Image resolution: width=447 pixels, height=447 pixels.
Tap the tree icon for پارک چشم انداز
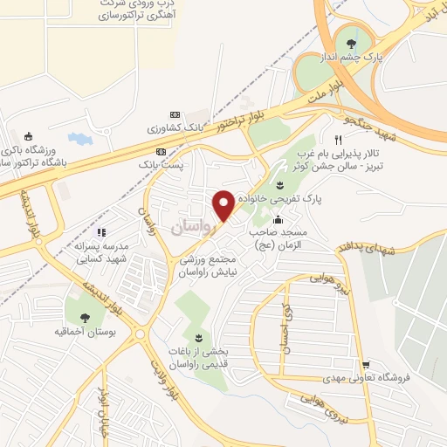click(x=352, y=45)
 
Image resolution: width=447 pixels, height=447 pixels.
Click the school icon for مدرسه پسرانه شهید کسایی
click(x=101, y=233)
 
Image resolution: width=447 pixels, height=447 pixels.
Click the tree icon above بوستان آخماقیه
click(x=85, y=319)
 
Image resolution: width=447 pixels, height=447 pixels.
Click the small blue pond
click(x=79, y=139)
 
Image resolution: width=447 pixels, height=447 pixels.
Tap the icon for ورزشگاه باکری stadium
click(x=29, y=135)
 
